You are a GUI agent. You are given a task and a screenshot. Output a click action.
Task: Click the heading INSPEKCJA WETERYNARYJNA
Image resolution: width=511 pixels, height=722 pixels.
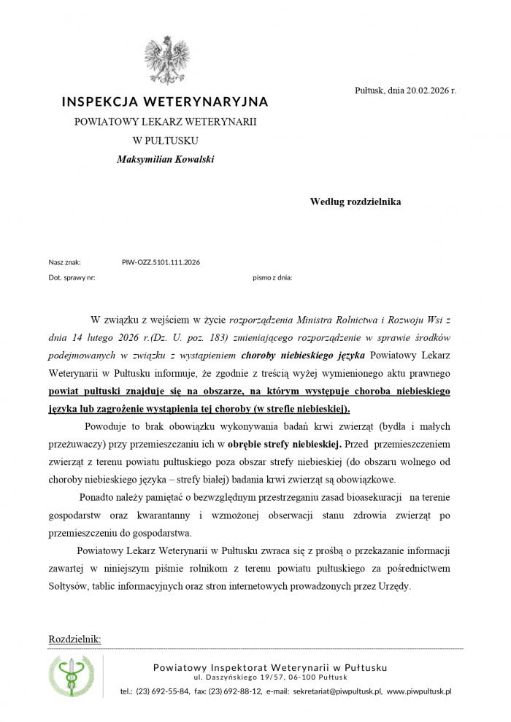pyautogui.click(x=165, y=101)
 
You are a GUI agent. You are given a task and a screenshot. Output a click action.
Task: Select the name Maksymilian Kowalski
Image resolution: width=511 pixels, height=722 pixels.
pyautogui.click(x=165, y=159)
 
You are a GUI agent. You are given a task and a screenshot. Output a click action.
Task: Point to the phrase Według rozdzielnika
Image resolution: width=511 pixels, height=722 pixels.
pyautogui.click(x=356, y=201)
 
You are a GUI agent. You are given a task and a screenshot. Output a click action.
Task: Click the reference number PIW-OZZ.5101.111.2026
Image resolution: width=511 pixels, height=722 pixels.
pyautogui.click(x=161, y=261)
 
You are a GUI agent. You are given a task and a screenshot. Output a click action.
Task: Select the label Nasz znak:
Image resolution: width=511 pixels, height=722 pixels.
pyautogui.click(x=64, y=261)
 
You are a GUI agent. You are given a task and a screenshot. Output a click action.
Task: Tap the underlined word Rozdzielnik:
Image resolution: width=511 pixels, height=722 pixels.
pyautogui.click(x=74, y=640)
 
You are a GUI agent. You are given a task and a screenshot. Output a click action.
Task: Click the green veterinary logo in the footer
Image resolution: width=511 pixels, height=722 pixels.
pyautogui.click(x=71, y=676)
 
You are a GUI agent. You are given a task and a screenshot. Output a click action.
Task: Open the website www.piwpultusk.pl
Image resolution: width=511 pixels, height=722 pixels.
pyautogui.click(x=419, y=691)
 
